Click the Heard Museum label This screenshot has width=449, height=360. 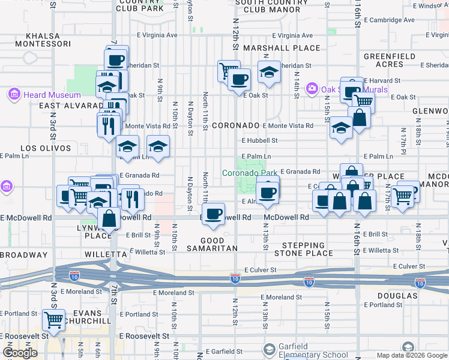(52, 95)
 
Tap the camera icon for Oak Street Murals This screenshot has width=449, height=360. (312, 89)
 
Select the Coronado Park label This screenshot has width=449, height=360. (250, 173)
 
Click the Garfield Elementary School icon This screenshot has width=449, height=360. (270, 348)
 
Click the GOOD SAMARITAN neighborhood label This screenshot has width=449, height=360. (212, 244)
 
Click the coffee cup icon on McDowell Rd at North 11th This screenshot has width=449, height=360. (213, 214)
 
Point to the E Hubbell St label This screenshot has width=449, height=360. (259, 140)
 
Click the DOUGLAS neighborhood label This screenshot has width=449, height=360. (397, 296)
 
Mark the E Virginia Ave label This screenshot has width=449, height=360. (157, 35)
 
